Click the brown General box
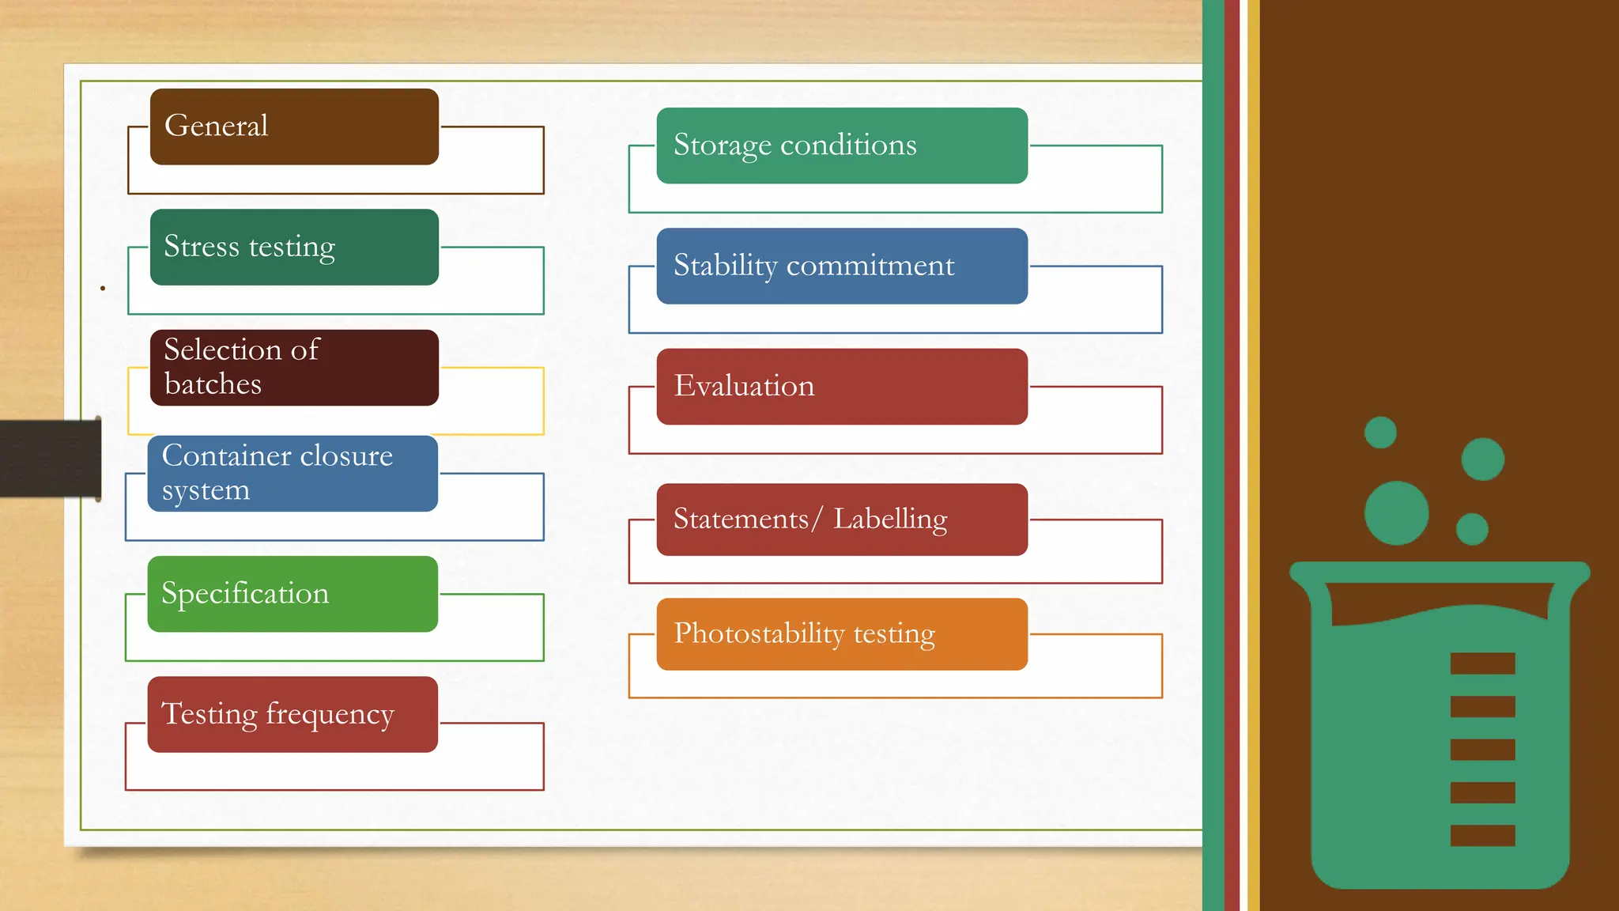(x=294, y=127)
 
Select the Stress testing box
(x=294, y=247)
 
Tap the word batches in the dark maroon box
(x=213, y=384)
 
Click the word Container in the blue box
(x=226, y=455)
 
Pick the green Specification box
(x=292, y=594)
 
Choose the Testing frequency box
(x=292, y=714)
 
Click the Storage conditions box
(x=842, y=146)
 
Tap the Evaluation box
(x=842, y=387)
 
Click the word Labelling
(x=890, y=520)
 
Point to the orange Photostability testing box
(x=842, y=634)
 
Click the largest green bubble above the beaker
(x=1396, y=513)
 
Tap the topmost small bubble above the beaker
(x=1380, y=433)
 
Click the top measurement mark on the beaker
(x=1482, y=663)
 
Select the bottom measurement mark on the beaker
(x=1482, y=836)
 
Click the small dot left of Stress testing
(x=103, y=289)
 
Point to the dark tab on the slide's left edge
(x=50, y=459)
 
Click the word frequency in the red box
(x=330, y=715)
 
